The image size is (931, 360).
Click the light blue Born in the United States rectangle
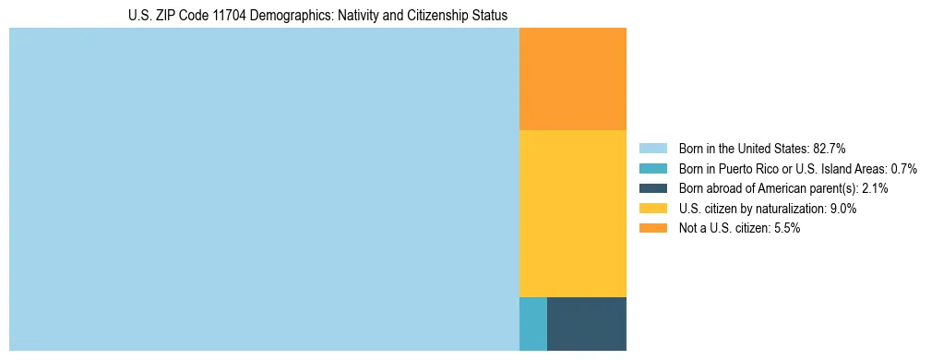[264, 189]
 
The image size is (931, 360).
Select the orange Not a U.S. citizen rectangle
[572, 79]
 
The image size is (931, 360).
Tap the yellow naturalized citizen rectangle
[572, 213]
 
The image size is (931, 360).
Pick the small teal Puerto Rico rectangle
[532, 323]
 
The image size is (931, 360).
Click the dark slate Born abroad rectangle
[586, 323]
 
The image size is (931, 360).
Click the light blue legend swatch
[652, 148]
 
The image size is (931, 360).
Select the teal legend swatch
[652, 168]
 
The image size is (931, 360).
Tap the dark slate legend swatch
[652, 188]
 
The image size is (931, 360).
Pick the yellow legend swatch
[652, 209]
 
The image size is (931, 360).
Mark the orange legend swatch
[652, 228]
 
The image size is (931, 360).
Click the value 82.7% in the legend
[830, 148]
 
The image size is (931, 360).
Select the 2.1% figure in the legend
[875, 188]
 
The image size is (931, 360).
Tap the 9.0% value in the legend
[842, 209]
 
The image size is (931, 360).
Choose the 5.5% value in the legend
[786, 228]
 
